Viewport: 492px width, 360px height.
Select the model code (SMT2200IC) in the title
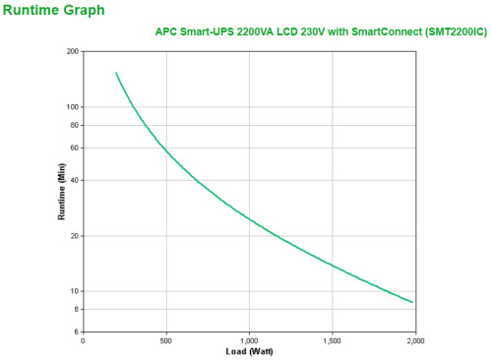click(452, 31)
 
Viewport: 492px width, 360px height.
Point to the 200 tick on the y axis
click(72, 51)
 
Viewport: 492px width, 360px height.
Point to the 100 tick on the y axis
click(72, 106)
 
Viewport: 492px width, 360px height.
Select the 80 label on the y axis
click(74, 125)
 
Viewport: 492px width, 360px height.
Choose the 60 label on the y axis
click(74, 148)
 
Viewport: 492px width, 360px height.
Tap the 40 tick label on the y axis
click(74, 180)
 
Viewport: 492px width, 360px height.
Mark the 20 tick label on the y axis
click(74, 236)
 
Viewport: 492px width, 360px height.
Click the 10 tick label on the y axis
click(74, 291)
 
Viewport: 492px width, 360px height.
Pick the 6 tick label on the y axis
click(77, 332)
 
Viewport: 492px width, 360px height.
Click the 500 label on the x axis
click(165, 342)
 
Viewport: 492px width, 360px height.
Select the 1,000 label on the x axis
click(249, 342)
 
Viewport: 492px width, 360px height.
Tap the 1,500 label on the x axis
click(333, 342)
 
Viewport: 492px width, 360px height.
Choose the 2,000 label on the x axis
click(415, 342)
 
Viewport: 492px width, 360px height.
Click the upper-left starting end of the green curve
click(116, 72)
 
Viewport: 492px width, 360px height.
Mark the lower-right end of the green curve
click(412, 302)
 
